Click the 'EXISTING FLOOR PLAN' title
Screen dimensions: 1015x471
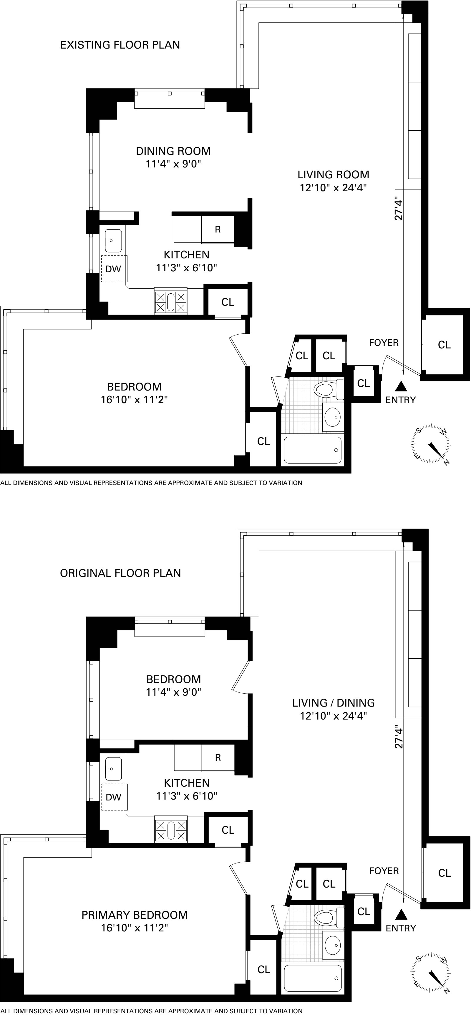pyautogui.click(x=120, y=45)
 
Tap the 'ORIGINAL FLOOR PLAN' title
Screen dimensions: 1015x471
pyautogui.click(x=120, y=573)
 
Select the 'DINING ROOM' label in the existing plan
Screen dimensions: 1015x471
pyautogui.click(x=173, y=151)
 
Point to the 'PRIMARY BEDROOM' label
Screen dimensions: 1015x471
pyautogui.click(x=135, y=915)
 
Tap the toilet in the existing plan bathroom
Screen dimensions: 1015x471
pyautogui.click(x=324, y=390)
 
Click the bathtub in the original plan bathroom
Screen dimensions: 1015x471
pyautogui.click(x=313, y=978)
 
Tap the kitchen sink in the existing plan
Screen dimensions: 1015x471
pyautogui.click(x=113, y=240)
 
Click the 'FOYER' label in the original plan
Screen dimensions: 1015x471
pyautogui.click(x=384, y=871)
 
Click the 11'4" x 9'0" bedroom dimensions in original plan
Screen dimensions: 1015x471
pyautogui.click(x=173, y=692)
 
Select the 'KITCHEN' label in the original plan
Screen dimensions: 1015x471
pyautogui.click(x=186, y=783)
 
